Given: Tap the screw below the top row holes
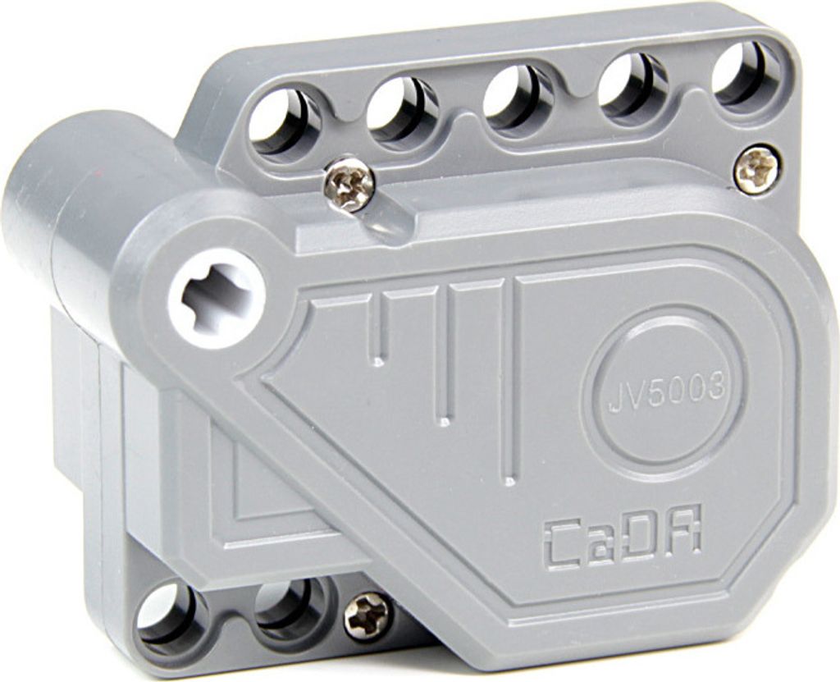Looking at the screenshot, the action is pos(349,183).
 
